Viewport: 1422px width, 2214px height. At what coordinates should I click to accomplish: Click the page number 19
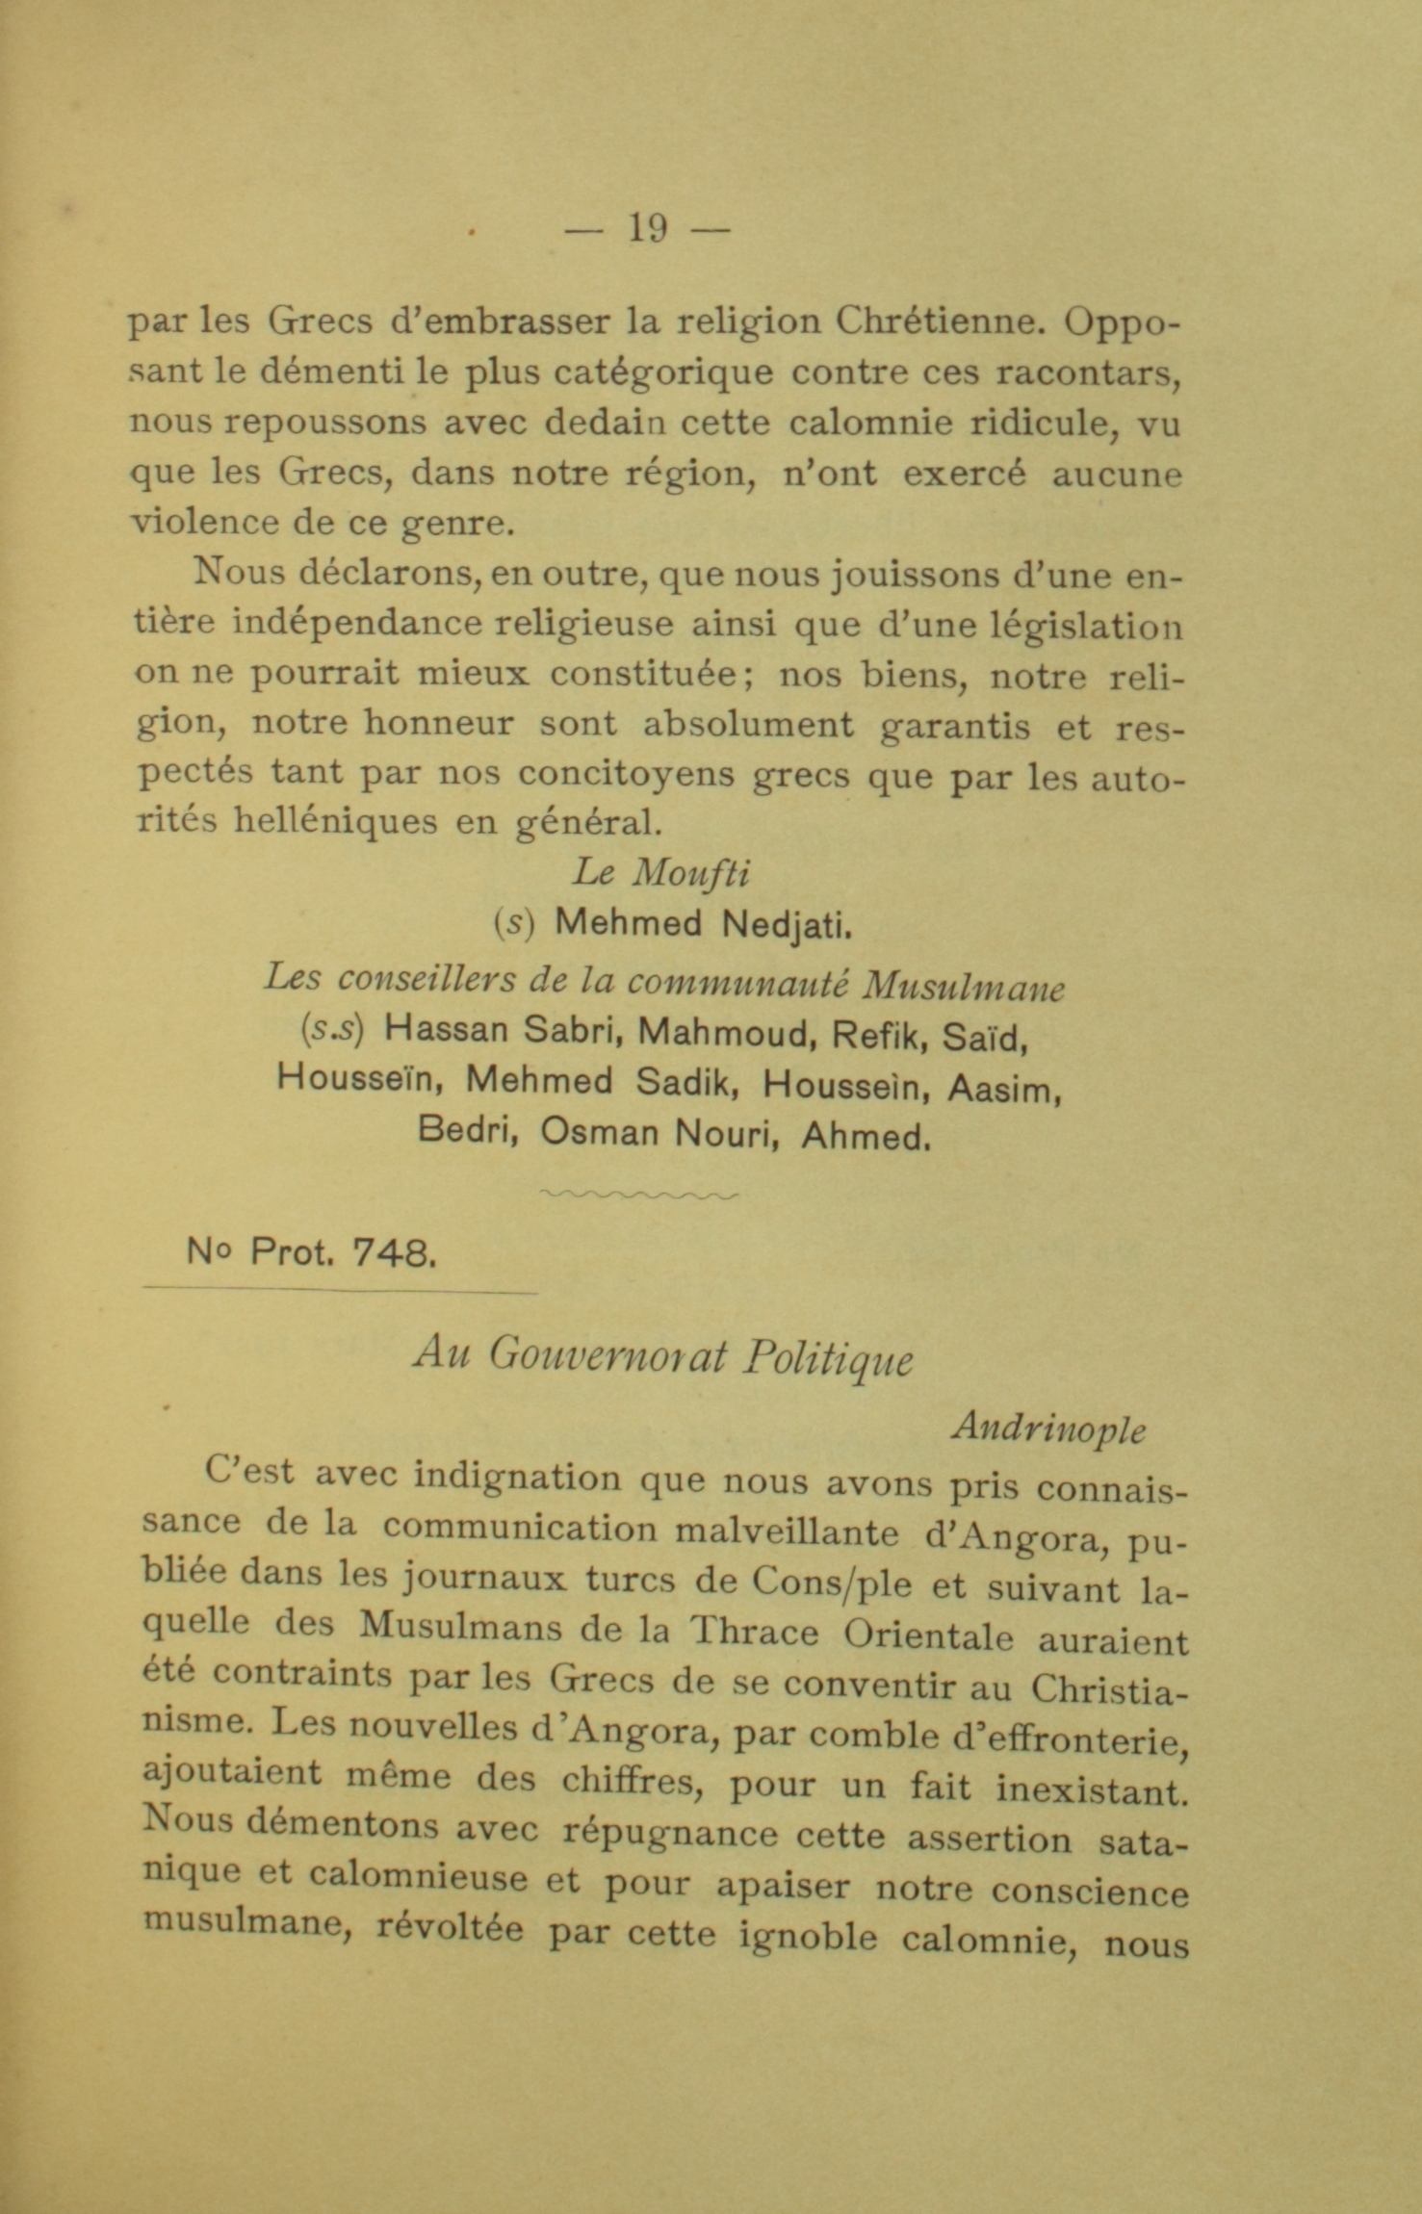point(646,229)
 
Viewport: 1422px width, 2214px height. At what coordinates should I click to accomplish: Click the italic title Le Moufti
point(660,872)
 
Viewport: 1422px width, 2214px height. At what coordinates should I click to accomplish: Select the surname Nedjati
point(786,925)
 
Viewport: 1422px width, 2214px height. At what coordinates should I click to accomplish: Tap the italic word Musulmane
point(963,986)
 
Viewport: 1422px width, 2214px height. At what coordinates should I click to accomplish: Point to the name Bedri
point(468,1130)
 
